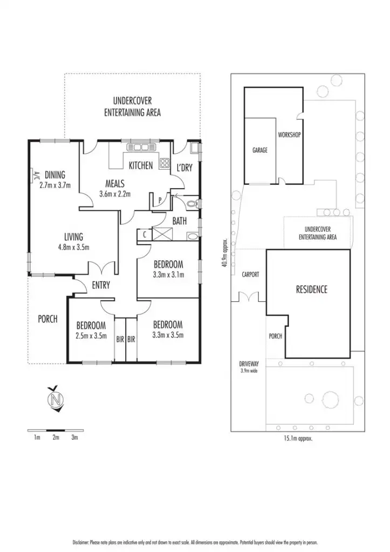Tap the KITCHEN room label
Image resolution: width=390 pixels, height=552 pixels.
140,165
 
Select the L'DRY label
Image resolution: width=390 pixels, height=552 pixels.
184,168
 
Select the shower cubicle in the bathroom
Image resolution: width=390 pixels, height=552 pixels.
161,234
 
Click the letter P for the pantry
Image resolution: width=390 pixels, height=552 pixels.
160,201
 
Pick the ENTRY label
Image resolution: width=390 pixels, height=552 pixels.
101,285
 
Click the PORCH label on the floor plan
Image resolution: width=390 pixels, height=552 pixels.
47,319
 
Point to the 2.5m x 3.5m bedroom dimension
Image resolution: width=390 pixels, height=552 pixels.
91,335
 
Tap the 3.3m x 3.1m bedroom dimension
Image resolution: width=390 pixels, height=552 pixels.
168,274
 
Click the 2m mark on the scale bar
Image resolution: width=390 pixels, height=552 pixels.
56,437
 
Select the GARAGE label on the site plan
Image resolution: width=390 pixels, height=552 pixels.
260,150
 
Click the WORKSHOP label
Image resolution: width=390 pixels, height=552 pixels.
289,135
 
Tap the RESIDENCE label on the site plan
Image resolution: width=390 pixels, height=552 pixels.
312,289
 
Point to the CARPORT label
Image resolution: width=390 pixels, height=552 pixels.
250,274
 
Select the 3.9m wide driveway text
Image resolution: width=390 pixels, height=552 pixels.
249,371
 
